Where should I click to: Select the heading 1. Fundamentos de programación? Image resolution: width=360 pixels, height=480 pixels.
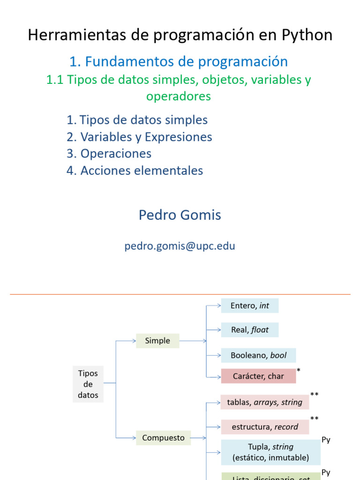coord(179,61)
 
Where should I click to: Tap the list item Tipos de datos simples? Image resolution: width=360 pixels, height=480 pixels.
coord(143,120)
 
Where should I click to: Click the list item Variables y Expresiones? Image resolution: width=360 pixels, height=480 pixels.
coord(146,137)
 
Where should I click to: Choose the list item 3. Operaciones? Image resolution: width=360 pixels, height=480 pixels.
coord(109,154)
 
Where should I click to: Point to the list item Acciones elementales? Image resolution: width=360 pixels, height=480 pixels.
coord(142,171)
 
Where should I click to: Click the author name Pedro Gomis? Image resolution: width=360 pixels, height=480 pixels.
coord(180,215)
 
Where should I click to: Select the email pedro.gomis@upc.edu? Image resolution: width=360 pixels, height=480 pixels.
coord(180,246)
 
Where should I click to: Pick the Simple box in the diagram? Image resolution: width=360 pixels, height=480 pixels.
coord(157,341)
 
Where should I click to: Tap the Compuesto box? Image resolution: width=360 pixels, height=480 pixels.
coord(164,438)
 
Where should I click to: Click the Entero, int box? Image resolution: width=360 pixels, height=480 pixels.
coord(250,306)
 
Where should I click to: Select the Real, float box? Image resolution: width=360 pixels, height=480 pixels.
coord(250,330)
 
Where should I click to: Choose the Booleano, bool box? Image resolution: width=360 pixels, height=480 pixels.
coord(258,355)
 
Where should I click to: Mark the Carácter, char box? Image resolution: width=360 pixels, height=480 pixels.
coord(258,376)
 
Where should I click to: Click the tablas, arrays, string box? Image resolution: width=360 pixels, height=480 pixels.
coord(265,402)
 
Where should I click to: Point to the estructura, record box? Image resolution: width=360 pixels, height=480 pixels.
coord(265,427)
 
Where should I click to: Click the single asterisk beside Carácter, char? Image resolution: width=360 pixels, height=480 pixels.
coord(299,371)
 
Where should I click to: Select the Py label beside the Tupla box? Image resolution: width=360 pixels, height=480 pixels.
coord(326,440)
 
